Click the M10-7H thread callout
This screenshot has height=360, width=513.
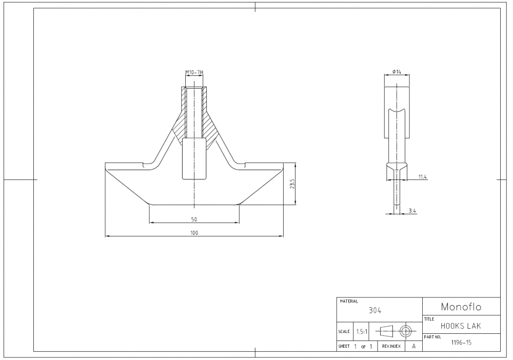194,72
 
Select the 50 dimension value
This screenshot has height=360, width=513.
194,219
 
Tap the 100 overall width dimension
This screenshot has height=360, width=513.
194,232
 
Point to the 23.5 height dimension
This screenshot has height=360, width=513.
291,184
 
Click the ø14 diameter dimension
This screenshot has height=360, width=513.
397,72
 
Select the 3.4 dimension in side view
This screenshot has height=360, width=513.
412,210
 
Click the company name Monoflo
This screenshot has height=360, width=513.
461,307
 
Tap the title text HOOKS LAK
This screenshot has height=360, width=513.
461,326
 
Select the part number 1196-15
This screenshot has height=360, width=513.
461,343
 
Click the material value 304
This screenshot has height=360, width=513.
375,310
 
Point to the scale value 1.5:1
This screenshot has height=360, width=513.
362,331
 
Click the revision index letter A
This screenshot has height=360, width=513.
413,347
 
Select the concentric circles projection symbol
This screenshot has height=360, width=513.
406,331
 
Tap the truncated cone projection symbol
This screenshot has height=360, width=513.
386,331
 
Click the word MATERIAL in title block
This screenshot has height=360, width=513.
349,302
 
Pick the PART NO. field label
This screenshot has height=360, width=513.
432,337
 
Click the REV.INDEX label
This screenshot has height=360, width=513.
391,347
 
